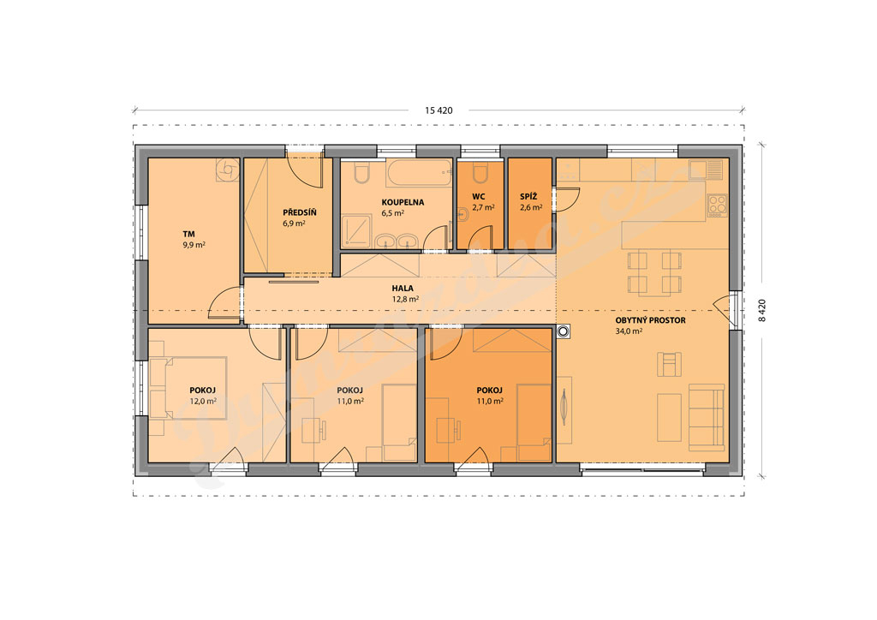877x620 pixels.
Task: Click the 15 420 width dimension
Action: click(438, 110)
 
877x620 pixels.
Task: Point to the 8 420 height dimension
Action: click(761, 310)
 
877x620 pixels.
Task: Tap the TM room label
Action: click(188, 235)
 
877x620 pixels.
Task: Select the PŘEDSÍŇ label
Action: click(300, 212)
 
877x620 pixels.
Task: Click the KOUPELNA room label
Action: click(403, 202)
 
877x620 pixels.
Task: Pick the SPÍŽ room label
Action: click(528, 196)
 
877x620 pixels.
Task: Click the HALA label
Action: click(403, 289)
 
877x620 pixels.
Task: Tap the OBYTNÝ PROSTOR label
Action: click(651, 320)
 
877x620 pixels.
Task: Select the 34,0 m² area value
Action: click(629, 331)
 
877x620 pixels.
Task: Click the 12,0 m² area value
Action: click(203, 401)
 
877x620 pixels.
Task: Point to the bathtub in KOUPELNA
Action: click(419, 173)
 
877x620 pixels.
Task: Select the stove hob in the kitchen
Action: click(718, 206)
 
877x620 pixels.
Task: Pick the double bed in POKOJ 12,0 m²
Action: click(195, 388)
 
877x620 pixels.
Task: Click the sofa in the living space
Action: click(707, 417)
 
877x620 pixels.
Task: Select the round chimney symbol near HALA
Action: click(563, 332)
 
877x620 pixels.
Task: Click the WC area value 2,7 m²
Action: click(483, 207)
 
